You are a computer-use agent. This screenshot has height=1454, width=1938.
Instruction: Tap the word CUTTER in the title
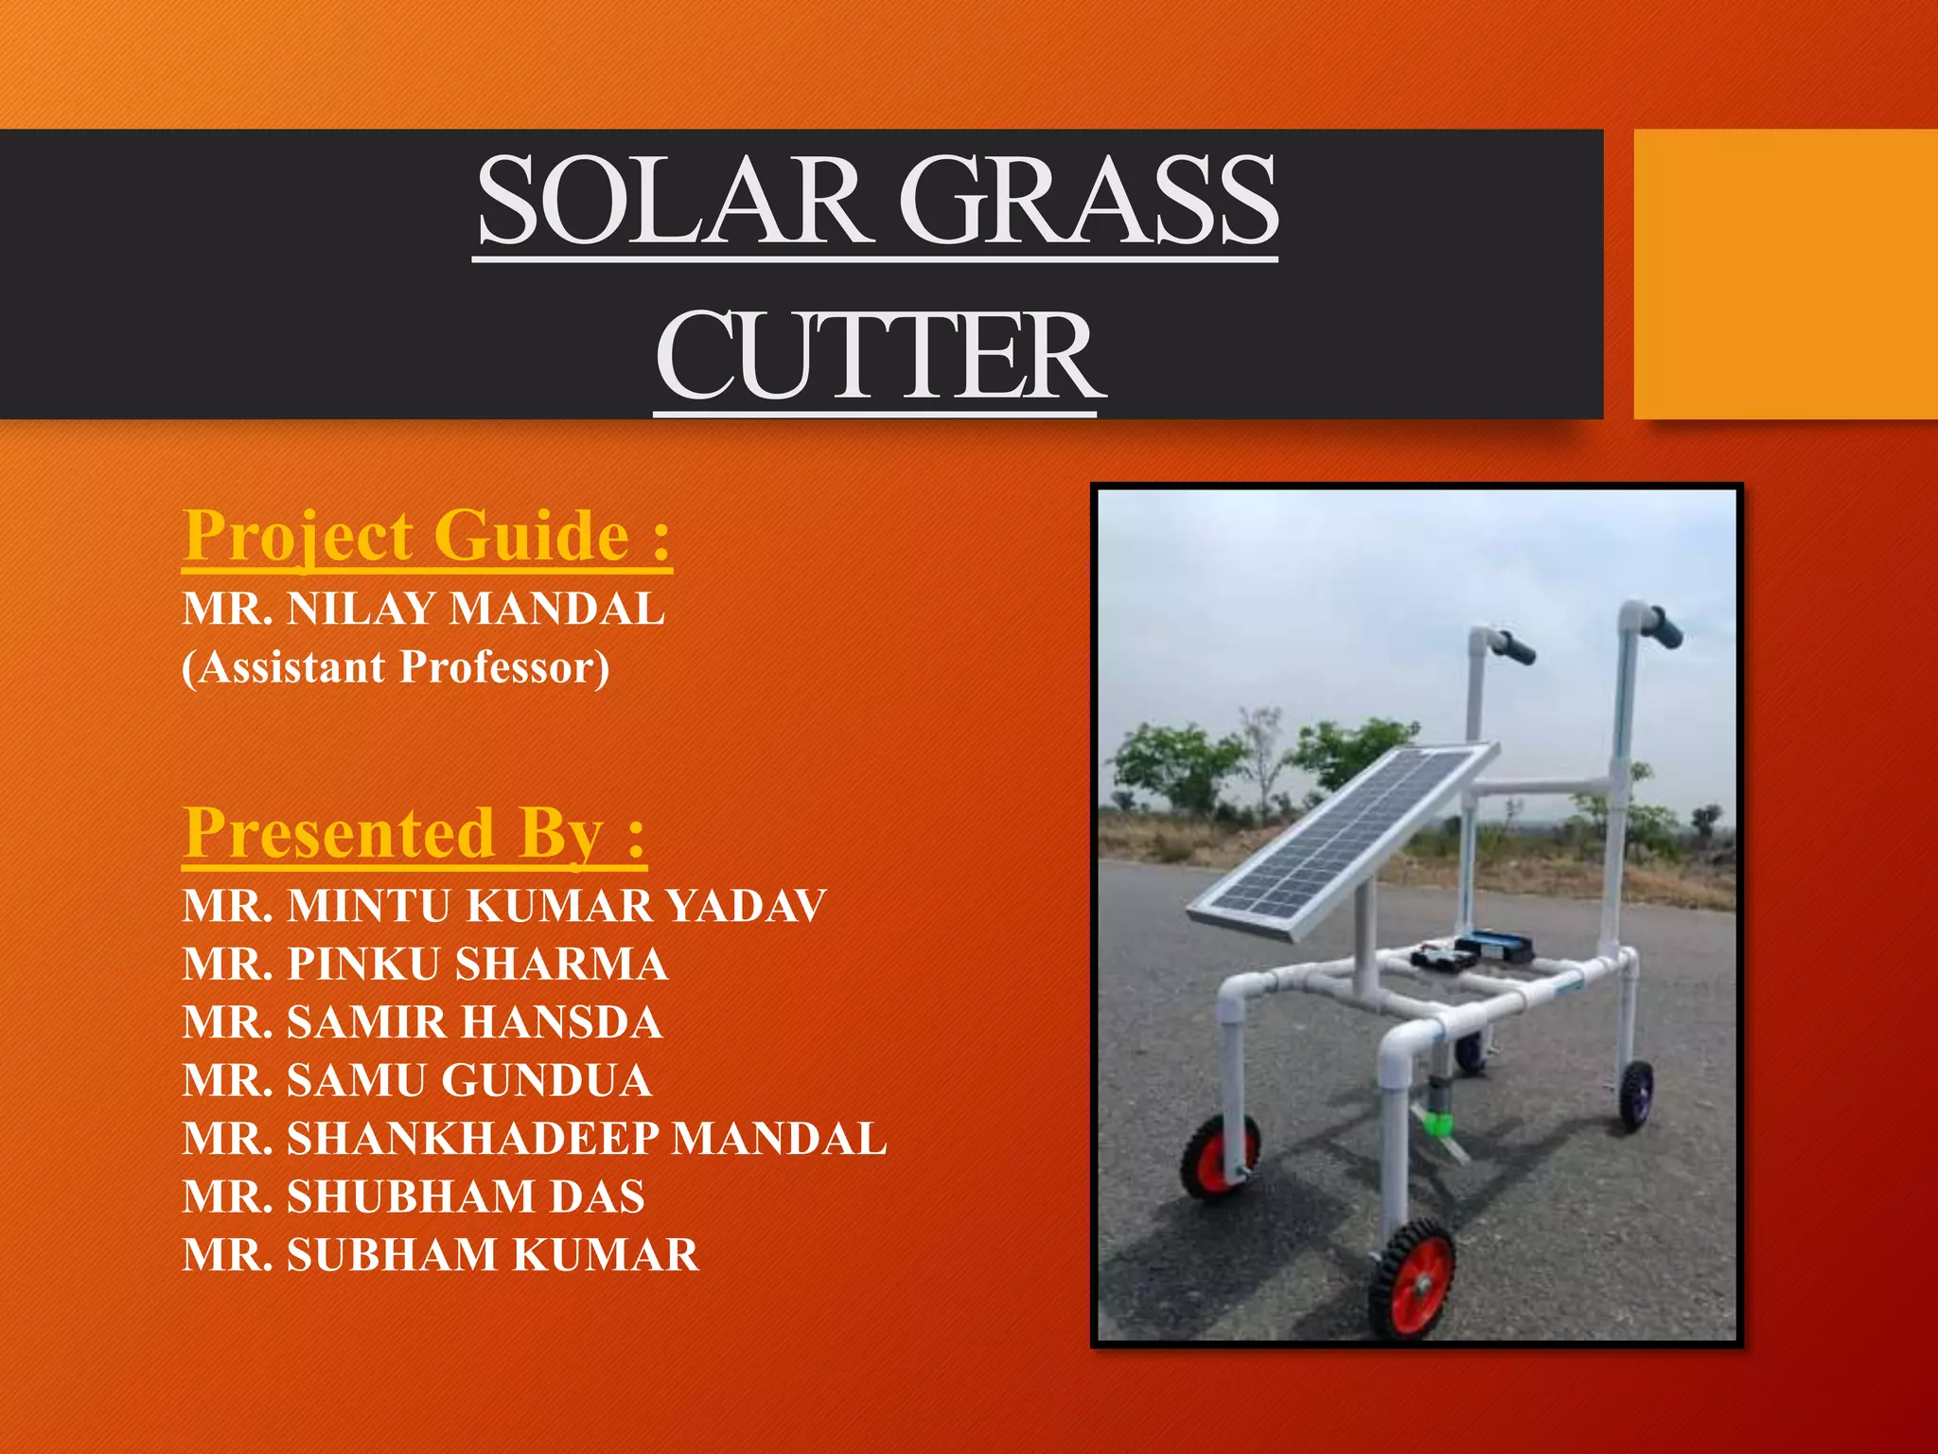879,356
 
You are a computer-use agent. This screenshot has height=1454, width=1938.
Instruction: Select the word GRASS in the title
1087,201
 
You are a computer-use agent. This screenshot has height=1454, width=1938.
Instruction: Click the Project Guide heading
427,536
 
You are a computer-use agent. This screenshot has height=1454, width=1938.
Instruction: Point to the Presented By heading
414,833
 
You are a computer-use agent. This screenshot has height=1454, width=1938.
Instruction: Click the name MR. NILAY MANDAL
423,609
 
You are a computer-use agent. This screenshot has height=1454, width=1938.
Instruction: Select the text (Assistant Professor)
396,667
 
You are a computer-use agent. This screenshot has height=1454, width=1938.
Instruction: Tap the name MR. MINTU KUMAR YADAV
504,906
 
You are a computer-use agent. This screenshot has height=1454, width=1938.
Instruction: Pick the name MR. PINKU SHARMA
426,965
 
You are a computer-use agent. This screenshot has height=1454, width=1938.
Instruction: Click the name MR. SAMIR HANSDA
422,1022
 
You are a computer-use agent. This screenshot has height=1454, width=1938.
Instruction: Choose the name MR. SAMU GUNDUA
417,1081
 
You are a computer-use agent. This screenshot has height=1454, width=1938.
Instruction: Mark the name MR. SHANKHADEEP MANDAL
535,1139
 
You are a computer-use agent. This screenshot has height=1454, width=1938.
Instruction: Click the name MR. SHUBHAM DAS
414,1197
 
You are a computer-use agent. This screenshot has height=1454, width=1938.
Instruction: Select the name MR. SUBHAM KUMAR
441,1255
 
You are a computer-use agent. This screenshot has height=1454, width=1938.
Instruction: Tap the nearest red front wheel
1411,1279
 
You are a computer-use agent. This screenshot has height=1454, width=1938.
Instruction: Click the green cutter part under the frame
1437,1125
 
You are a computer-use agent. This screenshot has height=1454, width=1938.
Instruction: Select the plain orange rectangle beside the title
1785,274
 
